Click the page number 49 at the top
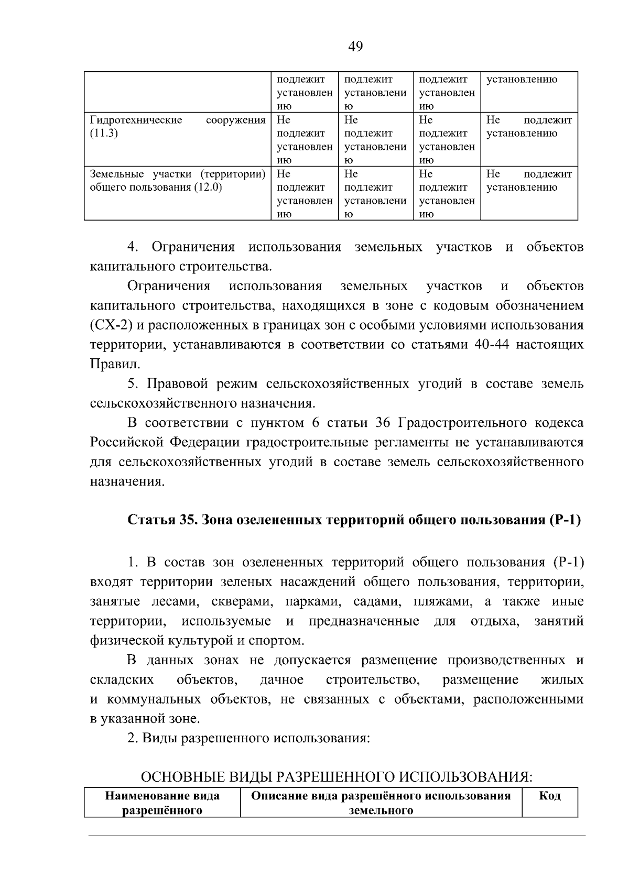(355, 47)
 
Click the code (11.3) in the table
(104, 133)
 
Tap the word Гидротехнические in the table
(136, 120)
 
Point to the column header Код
(549, 796)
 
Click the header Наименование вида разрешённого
(162, 803)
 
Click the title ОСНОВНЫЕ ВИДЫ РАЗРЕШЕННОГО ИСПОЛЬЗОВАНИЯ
(337, 777)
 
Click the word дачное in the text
(281, 680)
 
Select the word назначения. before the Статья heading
(127, 481)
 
